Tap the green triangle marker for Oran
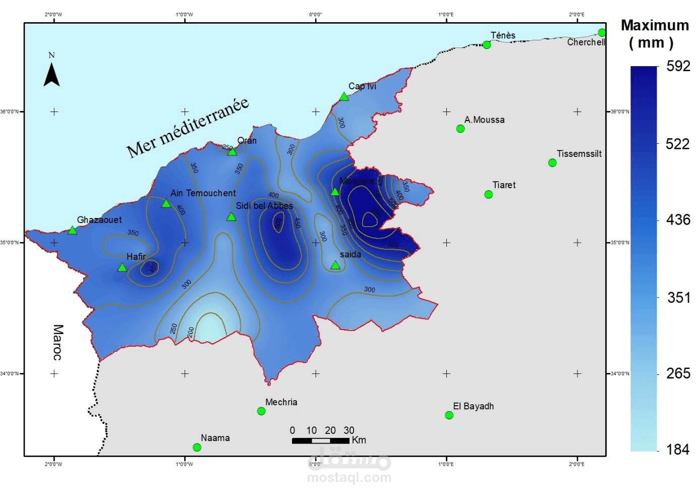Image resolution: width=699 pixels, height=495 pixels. [x=232, y=151]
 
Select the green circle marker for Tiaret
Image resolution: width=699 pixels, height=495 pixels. [x=488, y=194]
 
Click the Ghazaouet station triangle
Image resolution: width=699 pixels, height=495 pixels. [x=72, y=231]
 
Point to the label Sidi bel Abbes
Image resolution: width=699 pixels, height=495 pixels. [x=264, y=206]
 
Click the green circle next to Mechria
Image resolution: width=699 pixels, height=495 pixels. [x=261, y=411]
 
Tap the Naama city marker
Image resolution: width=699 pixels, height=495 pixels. [x=197, y=448]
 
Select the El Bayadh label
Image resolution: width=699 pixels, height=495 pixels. [x=473, y=406]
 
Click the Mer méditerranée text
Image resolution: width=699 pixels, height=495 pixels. [x=187, y=127]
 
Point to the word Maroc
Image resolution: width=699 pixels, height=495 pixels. [x=58, y=342]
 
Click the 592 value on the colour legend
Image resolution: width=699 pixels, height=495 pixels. [x=678, y=66]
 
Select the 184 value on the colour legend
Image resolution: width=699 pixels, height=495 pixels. [x=677, y=449]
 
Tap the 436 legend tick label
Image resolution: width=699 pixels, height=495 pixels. [x=677, y=219]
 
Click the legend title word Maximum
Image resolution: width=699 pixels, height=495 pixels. [x=655, y=25]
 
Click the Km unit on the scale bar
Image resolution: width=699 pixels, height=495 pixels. [x=359, y=440]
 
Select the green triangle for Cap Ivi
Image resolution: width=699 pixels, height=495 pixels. [x=344, y=96]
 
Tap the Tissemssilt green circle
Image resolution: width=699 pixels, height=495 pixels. [x=552, y=162]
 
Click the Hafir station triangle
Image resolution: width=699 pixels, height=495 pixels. [x=122, y=267]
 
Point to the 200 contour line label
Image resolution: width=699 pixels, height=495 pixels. [x=191, y=332]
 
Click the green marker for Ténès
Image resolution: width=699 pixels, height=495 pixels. [x=487, y=45]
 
